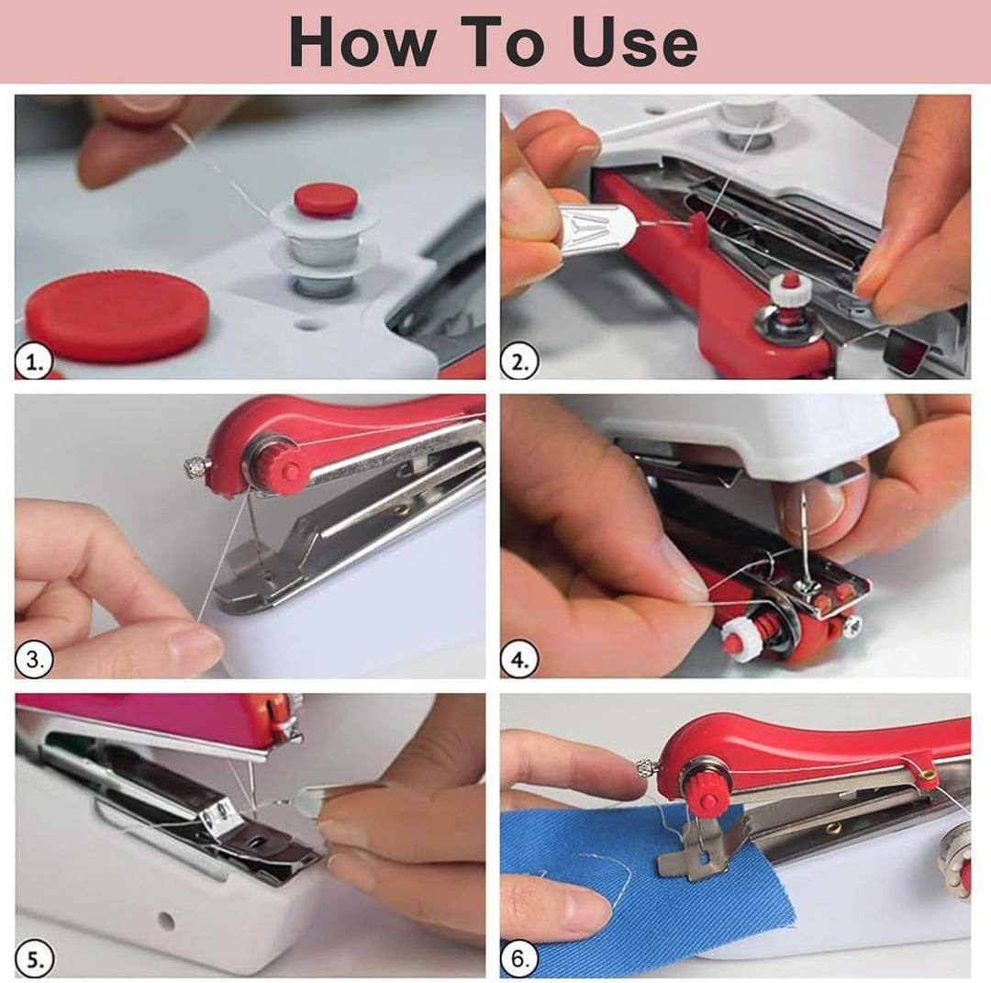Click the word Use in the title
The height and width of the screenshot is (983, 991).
635,41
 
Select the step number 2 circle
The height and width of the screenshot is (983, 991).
518,363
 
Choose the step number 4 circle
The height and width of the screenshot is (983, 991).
518,660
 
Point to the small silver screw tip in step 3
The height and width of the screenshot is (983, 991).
197,468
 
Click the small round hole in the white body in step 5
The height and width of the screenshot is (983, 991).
166,921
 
